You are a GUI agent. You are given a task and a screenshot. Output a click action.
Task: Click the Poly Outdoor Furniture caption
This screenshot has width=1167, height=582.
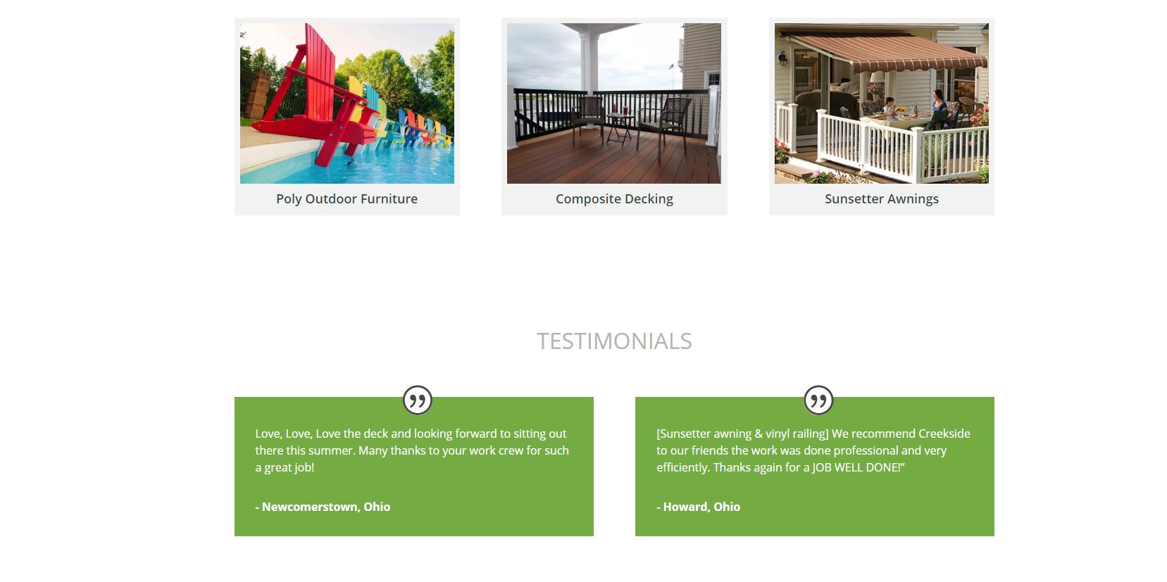(347, 199)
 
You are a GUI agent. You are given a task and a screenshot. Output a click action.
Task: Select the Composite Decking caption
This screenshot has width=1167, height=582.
(614, 199)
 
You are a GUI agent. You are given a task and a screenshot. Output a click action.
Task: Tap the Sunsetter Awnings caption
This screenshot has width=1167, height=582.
(882, 199)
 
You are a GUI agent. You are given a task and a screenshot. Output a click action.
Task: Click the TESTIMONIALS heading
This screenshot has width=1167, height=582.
(614, 341)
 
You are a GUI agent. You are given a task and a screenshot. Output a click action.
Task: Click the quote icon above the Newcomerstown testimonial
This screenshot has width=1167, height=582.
(418, 400)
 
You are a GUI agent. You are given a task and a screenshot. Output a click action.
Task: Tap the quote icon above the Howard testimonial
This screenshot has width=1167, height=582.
(818, 400)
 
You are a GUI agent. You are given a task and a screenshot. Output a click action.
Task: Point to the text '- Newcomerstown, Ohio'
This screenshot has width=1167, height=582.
(323, 507)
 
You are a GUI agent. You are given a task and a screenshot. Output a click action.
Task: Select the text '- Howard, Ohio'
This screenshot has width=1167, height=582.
(698, 507)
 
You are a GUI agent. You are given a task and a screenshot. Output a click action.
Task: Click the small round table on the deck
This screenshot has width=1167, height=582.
(619, 127)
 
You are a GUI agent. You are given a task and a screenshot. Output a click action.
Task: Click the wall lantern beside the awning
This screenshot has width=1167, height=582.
(782, 58)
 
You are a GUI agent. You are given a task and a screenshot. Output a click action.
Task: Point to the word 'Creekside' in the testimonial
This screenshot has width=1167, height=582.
(944, 434)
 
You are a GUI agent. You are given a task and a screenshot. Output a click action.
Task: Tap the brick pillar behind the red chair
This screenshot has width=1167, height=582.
(257, 94)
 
